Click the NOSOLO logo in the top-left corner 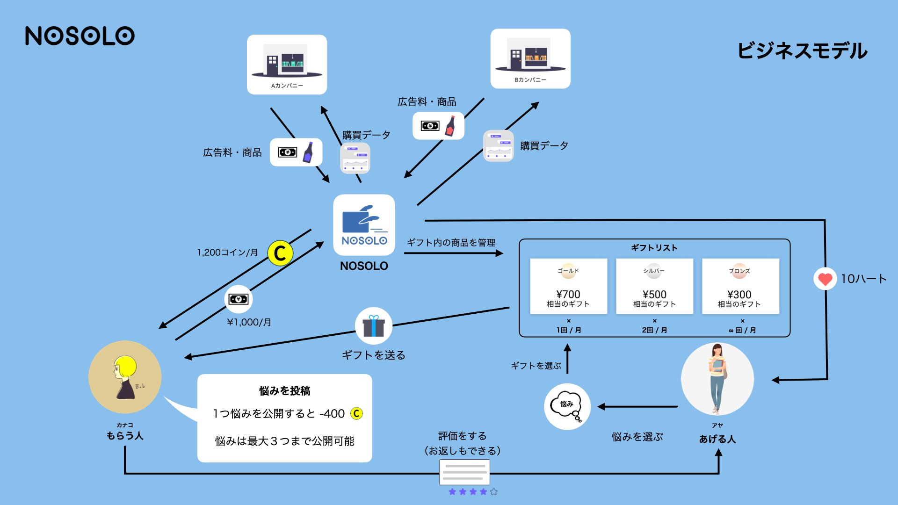[x=80, y=36]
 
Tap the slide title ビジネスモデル [x=802, y=50]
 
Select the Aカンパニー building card [x=287, y=65]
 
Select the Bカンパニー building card [x=530, y=58]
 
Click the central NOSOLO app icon [x=364, y=225]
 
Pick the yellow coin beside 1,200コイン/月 [x=280, y=253]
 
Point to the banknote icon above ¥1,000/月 [x=239, y=299]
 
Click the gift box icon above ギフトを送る [x=373, y=326]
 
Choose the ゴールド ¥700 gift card [x=568, y=286]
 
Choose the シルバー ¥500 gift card [x=654, y=286]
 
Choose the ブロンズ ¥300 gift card [x=740, y=286]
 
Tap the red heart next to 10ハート [x=825, y=279]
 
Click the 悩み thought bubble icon [x=567, y=406]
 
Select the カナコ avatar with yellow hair [x=125, y=377]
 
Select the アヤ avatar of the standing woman [x=717, y=379]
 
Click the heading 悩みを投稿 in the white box [x=285, y=391]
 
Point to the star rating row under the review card [x=473, y=491]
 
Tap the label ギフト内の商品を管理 [x=451, y=243]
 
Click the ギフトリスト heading [x=654, y=248]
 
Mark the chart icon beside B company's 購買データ [x=498, y=146]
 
